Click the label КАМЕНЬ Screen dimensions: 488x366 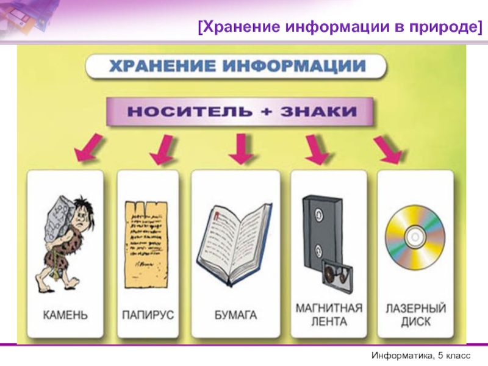click(x=65, y=315)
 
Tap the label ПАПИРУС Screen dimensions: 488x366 click(x=148, y=315)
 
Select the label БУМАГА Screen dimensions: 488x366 click(x=235, y=315)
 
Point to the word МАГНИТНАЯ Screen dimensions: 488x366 click(x=329, y=308)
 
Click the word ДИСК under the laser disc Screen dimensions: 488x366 click(x=416, y=321)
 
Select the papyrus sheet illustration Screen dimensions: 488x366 click(x=146, y=245)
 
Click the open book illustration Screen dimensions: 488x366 click(x=234, y=245)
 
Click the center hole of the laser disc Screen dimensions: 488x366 click(x=415, y=237)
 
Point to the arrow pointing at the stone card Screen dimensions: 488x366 click(x=88, y=147)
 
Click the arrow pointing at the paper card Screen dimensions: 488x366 click(x=242, y=149)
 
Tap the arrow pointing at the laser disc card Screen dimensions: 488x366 click(x=389, y=149)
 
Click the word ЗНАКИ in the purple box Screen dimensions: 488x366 click(x=318, y=112)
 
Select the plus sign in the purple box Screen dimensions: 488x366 click(x=267, y=112)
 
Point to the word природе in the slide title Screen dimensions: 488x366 click(x=443, y=27)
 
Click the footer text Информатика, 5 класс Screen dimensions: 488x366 click(x=421, y=356)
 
